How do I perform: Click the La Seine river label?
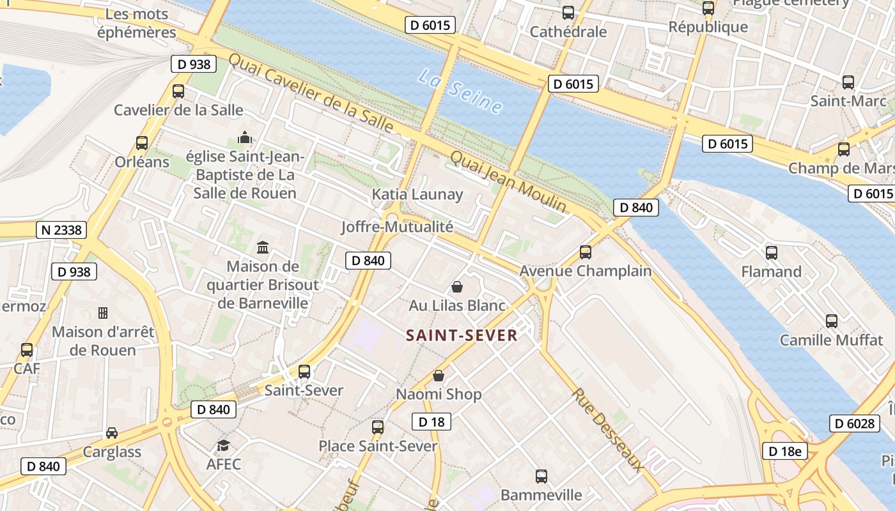click(460, 92)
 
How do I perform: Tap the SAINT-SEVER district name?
click(462, 335)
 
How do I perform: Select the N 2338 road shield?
click(61, 230)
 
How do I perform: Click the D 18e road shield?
click(784, 451)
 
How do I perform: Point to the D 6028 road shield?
click(854, 423)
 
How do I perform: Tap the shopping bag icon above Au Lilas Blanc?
click(457, 287)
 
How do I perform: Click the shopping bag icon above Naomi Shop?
click(439, 376)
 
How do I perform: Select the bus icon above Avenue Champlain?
click(586, 252)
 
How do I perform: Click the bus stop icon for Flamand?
click(772, 252)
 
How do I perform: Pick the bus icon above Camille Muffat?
click(831, 321)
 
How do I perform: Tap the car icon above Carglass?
click(112, 433)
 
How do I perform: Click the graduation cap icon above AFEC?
click(223, 445)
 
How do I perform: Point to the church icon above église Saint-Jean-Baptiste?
click(245, 137)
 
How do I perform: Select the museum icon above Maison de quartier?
click(263, 247)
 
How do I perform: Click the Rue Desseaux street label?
click(608, 429)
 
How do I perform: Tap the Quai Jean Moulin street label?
click(508, 181)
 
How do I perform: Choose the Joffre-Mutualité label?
click(397, 226)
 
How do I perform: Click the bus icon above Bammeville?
click(541, 476)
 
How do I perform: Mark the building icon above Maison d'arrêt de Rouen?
click(102, 313)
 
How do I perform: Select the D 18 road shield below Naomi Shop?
click(431, 422)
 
